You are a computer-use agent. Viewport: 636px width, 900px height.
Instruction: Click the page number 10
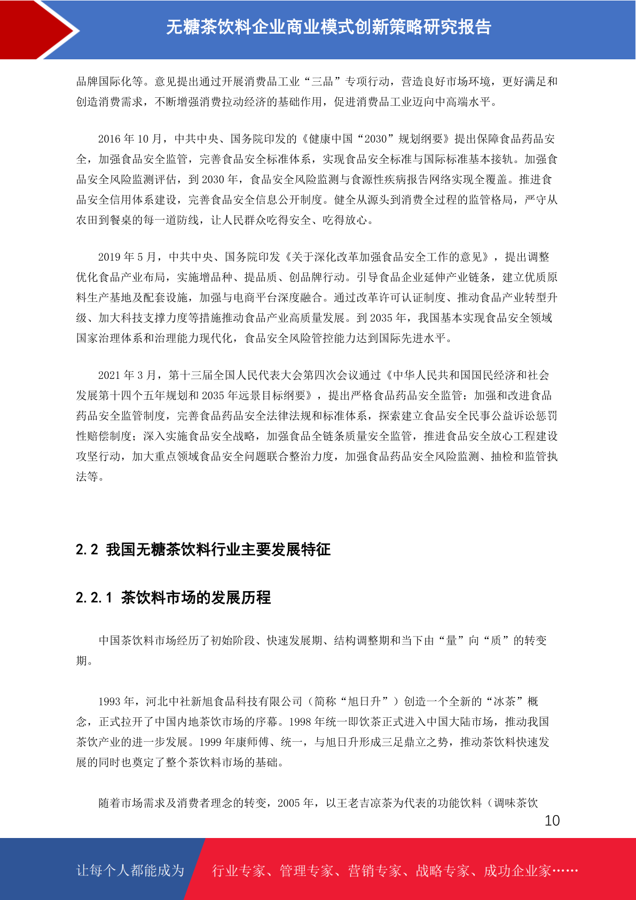tap(552, 820)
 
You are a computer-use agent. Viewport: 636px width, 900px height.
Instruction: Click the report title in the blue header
tap(328, 27)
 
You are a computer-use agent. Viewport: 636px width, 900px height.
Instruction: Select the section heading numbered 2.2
tap(203, 549)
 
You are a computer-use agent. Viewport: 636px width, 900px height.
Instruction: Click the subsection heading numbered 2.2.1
tap(173, 597)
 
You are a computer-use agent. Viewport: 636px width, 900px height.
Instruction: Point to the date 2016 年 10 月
tap(129, 139)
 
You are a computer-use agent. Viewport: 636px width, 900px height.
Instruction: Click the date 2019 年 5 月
tap(127, 257)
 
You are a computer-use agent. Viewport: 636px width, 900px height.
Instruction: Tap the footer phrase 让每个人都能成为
tap(130, 871)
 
